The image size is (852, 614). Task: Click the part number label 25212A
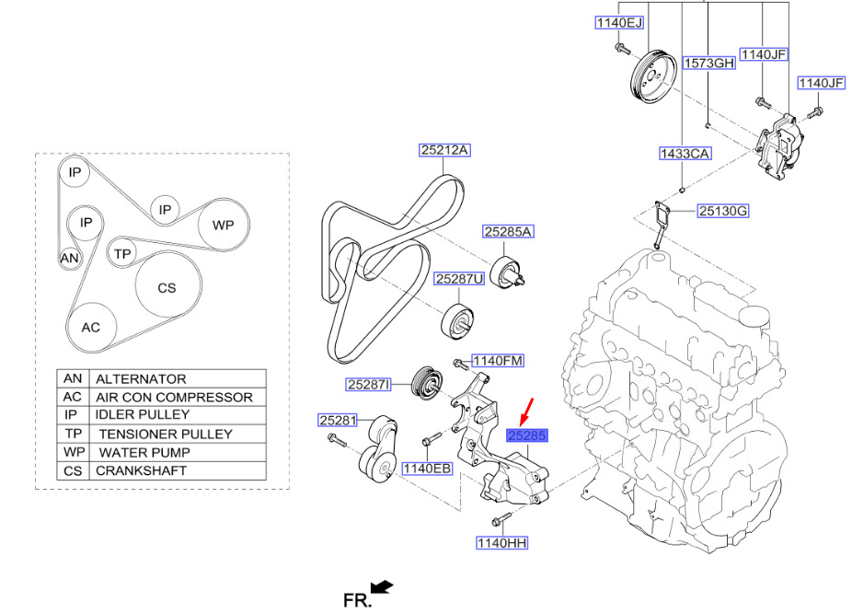coord(445,150)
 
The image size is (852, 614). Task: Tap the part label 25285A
coord(509,233)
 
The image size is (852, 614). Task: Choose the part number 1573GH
coord(709,64)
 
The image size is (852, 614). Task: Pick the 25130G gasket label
coord(722,212)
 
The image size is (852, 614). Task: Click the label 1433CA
coord(685,154)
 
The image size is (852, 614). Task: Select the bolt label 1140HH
coord(501,543)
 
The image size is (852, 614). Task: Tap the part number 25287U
coord(460,278)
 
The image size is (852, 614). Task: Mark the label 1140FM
coord(498,361)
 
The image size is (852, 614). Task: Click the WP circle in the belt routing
coord(224,225)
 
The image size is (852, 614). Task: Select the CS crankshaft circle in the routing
coord(167,288)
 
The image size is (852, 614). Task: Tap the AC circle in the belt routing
coord(90,328)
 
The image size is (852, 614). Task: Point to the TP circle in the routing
coord(122,251)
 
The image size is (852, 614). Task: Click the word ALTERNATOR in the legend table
coord(141,378)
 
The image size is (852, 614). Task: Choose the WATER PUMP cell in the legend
coord(144,452)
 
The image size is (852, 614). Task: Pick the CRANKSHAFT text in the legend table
coord(141,470)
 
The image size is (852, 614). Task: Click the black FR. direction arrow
coord(382,587)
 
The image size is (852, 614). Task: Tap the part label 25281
coord(338,420)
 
